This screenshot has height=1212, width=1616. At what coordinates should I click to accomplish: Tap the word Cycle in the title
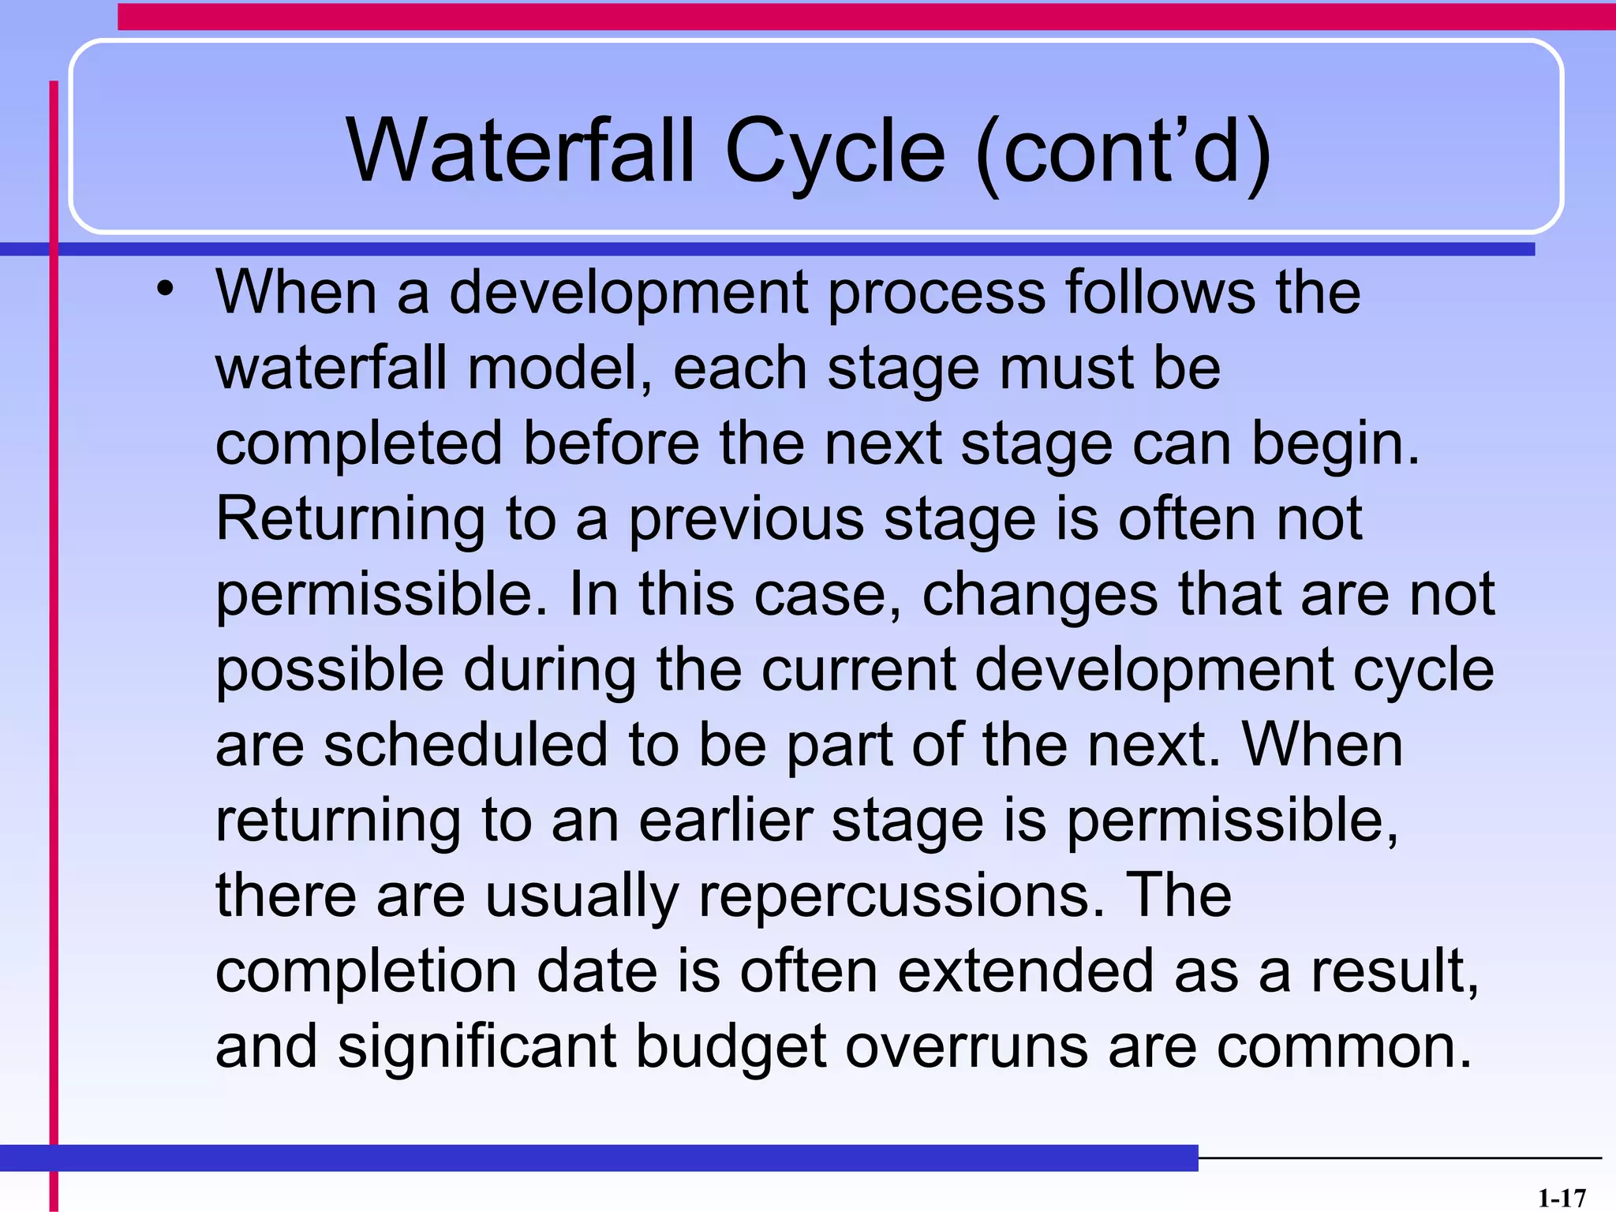click(x=834, y=151)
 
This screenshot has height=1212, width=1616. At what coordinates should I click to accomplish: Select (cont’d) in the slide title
click(x=1123, y=151)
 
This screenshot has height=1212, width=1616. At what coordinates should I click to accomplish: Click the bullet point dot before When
click(x=164, y=289)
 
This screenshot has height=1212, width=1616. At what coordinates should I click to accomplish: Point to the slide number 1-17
click(x=1561, y=1198)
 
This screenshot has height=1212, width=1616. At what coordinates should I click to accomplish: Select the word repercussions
click(x=901, y=896)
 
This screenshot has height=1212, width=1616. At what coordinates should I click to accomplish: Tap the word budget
click(x=731, y=1047)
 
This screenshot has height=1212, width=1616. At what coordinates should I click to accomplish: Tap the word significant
click(x=477, y=1047)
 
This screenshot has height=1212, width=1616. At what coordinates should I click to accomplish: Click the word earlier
click(x=726, y=821)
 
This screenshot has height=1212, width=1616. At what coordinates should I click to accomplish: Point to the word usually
click(x=581, y=896)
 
